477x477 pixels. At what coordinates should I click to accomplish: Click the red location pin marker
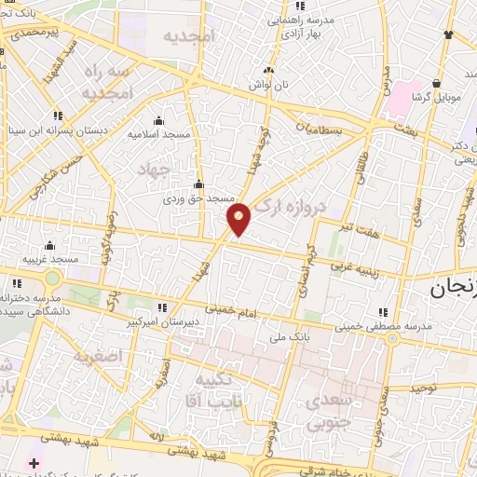coord(239,218)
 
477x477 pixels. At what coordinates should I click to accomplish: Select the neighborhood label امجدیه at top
coord(190,36)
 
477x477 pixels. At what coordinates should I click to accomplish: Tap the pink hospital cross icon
coord(34,463)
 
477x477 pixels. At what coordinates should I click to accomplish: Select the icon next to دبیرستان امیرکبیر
coord(164,307)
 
